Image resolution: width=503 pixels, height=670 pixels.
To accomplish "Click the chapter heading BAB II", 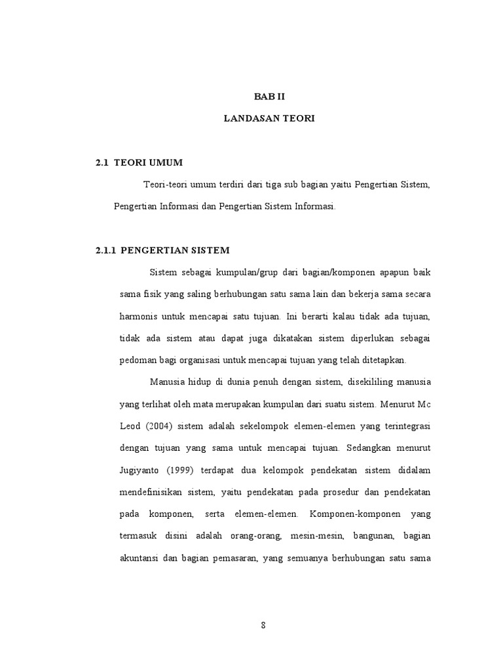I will coord(270,96).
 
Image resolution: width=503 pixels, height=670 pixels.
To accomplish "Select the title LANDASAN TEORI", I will coord(269,118).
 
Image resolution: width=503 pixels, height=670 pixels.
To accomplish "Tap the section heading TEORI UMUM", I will coord(149,162).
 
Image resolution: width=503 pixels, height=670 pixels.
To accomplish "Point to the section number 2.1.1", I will coord(105,250).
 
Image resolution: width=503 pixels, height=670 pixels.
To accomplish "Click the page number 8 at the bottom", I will coord(263,625).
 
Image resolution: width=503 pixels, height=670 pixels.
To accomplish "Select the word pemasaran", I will coord(234,559).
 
